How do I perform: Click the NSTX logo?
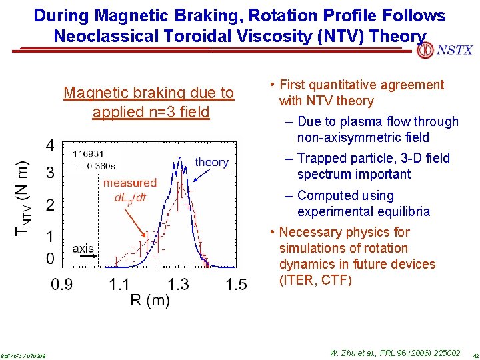pyautogui.click(x=445, y=50)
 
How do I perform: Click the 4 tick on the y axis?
pyautogui.click(x=51, y=145)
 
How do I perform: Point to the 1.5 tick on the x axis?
pyautogui.click(x=236, y=285)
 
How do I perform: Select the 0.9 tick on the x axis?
pyautogui.click(x=63, y=285)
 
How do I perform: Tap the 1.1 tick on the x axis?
pyautogui.click(x=120, y=285)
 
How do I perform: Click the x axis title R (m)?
pyautogui.click(x=149, y=301)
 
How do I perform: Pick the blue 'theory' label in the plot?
pyautogui.click(x=211, y=162)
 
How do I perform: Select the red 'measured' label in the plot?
pyautogui.click(x=129, y=183)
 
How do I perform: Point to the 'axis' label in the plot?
pyautogui.click(x=83, y=249)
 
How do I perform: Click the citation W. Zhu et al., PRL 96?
pyautogui.click(x=394, y=353)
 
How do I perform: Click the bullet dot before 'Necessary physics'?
pyautogui.click(x=271, y=232)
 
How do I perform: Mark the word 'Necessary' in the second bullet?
pyautogui.click(x=309, y=232)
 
